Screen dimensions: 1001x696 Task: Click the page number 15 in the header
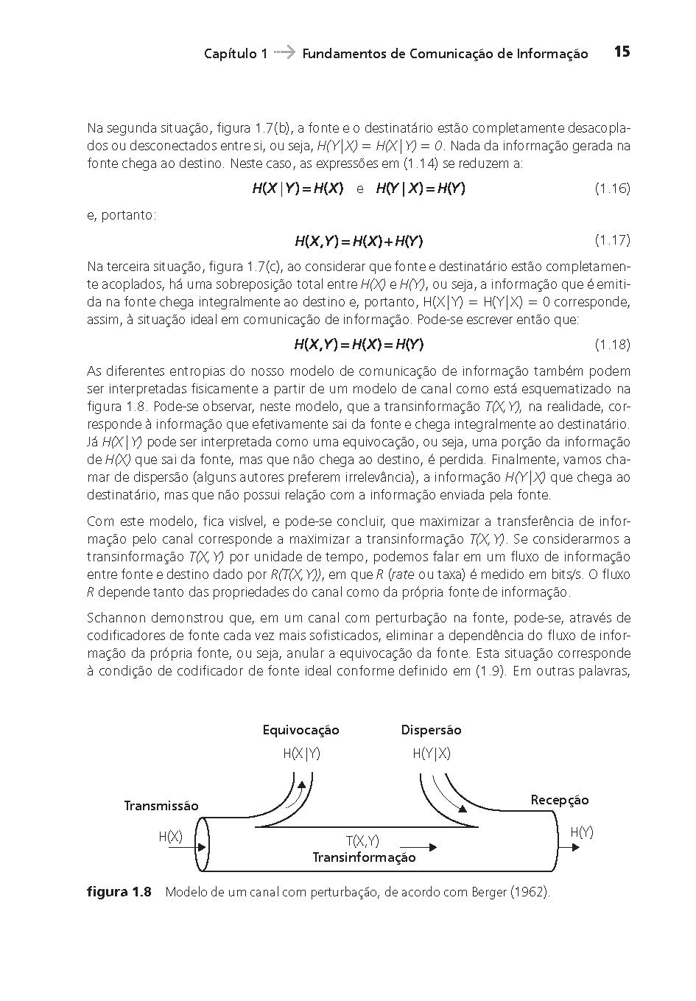tap(622, 52)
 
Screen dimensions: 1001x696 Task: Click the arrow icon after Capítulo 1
tap(284, 52)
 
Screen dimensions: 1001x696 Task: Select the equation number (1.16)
tap(612, 189)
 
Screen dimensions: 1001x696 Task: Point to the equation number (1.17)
tap(612, 240)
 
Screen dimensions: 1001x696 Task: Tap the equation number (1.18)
tap(612, 345)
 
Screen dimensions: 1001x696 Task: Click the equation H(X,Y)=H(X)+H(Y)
tap(359, 241)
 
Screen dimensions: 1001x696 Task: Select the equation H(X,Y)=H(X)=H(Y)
tap(359, 345)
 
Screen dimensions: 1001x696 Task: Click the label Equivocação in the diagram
tap(300, 730)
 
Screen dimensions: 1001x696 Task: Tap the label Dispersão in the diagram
tap(431, 730)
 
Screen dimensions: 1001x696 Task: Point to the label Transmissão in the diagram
tap(161, 806)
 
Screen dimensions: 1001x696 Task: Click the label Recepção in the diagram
tap(560, 800)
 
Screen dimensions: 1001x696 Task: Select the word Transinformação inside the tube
tap(364, 857)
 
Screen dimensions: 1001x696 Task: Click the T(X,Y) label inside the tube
tap(362, 841)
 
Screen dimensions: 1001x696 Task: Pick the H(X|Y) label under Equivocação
tap(301, 754)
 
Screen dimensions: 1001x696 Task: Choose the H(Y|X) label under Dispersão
tap(431, 754)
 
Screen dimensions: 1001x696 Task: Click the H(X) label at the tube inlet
tap(170, 837)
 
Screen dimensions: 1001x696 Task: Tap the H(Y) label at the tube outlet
tap(581, 832)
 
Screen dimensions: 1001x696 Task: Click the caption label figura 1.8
tap(119, 893)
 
